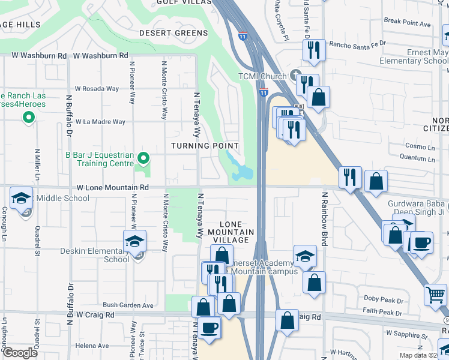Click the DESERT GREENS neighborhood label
(169, 33)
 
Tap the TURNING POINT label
(205, 146)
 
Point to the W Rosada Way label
(97, 89)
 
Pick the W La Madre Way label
(100, 122)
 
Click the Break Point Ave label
(408, 23)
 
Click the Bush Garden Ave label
(129, 305)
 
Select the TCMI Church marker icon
(295, 76)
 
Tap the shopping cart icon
(435, 294)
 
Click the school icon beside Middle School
(21, 198)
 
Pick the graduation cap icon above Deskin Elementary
(135, 241)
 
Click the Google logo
(20, 352)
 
